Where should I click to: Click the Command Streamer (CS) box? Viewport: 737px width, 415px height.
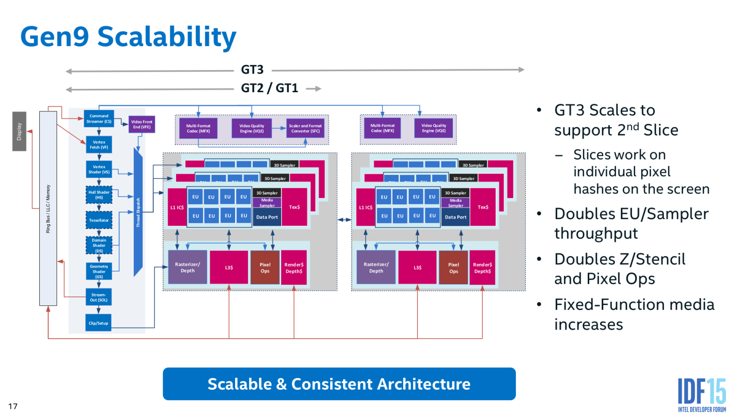coord(98,119)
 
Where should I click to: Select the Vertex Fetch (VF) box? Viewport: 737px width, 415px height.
coord(99,145)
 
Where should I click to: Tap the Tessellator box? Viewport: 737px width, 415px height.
coord(99,220)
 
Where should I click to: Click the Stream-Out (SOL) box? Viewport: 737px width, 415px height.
coord(98,297)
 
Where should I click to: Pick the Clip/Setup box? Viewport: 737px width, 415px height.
coord(98,323)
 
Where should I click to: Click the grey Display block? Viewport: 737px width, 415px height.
coord(19,131)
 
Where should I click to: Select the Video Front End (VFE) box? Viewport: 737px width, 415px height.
coord(142,124)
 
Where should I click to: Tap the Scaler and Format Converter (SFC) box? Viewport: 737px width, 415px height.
coord(305,128)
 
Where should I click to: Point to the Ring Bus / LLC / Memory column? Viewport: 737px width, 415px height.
coord(48,208)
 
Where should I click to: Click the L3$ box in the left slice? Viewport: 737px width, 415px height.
coord(229,268)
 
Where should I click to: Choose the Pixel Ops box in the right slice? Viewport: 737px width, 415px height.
coord(453,268)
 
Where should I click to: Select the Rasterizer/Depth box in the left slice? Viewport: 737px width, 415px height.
coord(188,267)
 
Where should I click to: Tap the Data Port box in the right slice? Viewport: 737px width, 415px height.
coord(455,217)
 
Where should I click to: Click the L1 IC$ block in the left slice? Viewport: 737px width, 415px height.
coord(177,207)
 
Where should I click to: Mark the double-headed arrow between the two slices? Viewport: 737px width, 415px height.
coord(344,220)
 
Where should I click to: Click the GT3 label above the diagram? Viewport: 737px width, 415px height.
coord(252,70)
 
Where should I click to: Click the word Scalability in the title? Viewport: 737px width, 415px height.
coord(166,37)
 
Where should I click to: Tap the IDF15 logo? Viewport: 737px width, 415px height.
coord(701,394)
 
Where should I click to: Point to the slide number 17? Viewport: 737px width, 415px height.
coord(13,406)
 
